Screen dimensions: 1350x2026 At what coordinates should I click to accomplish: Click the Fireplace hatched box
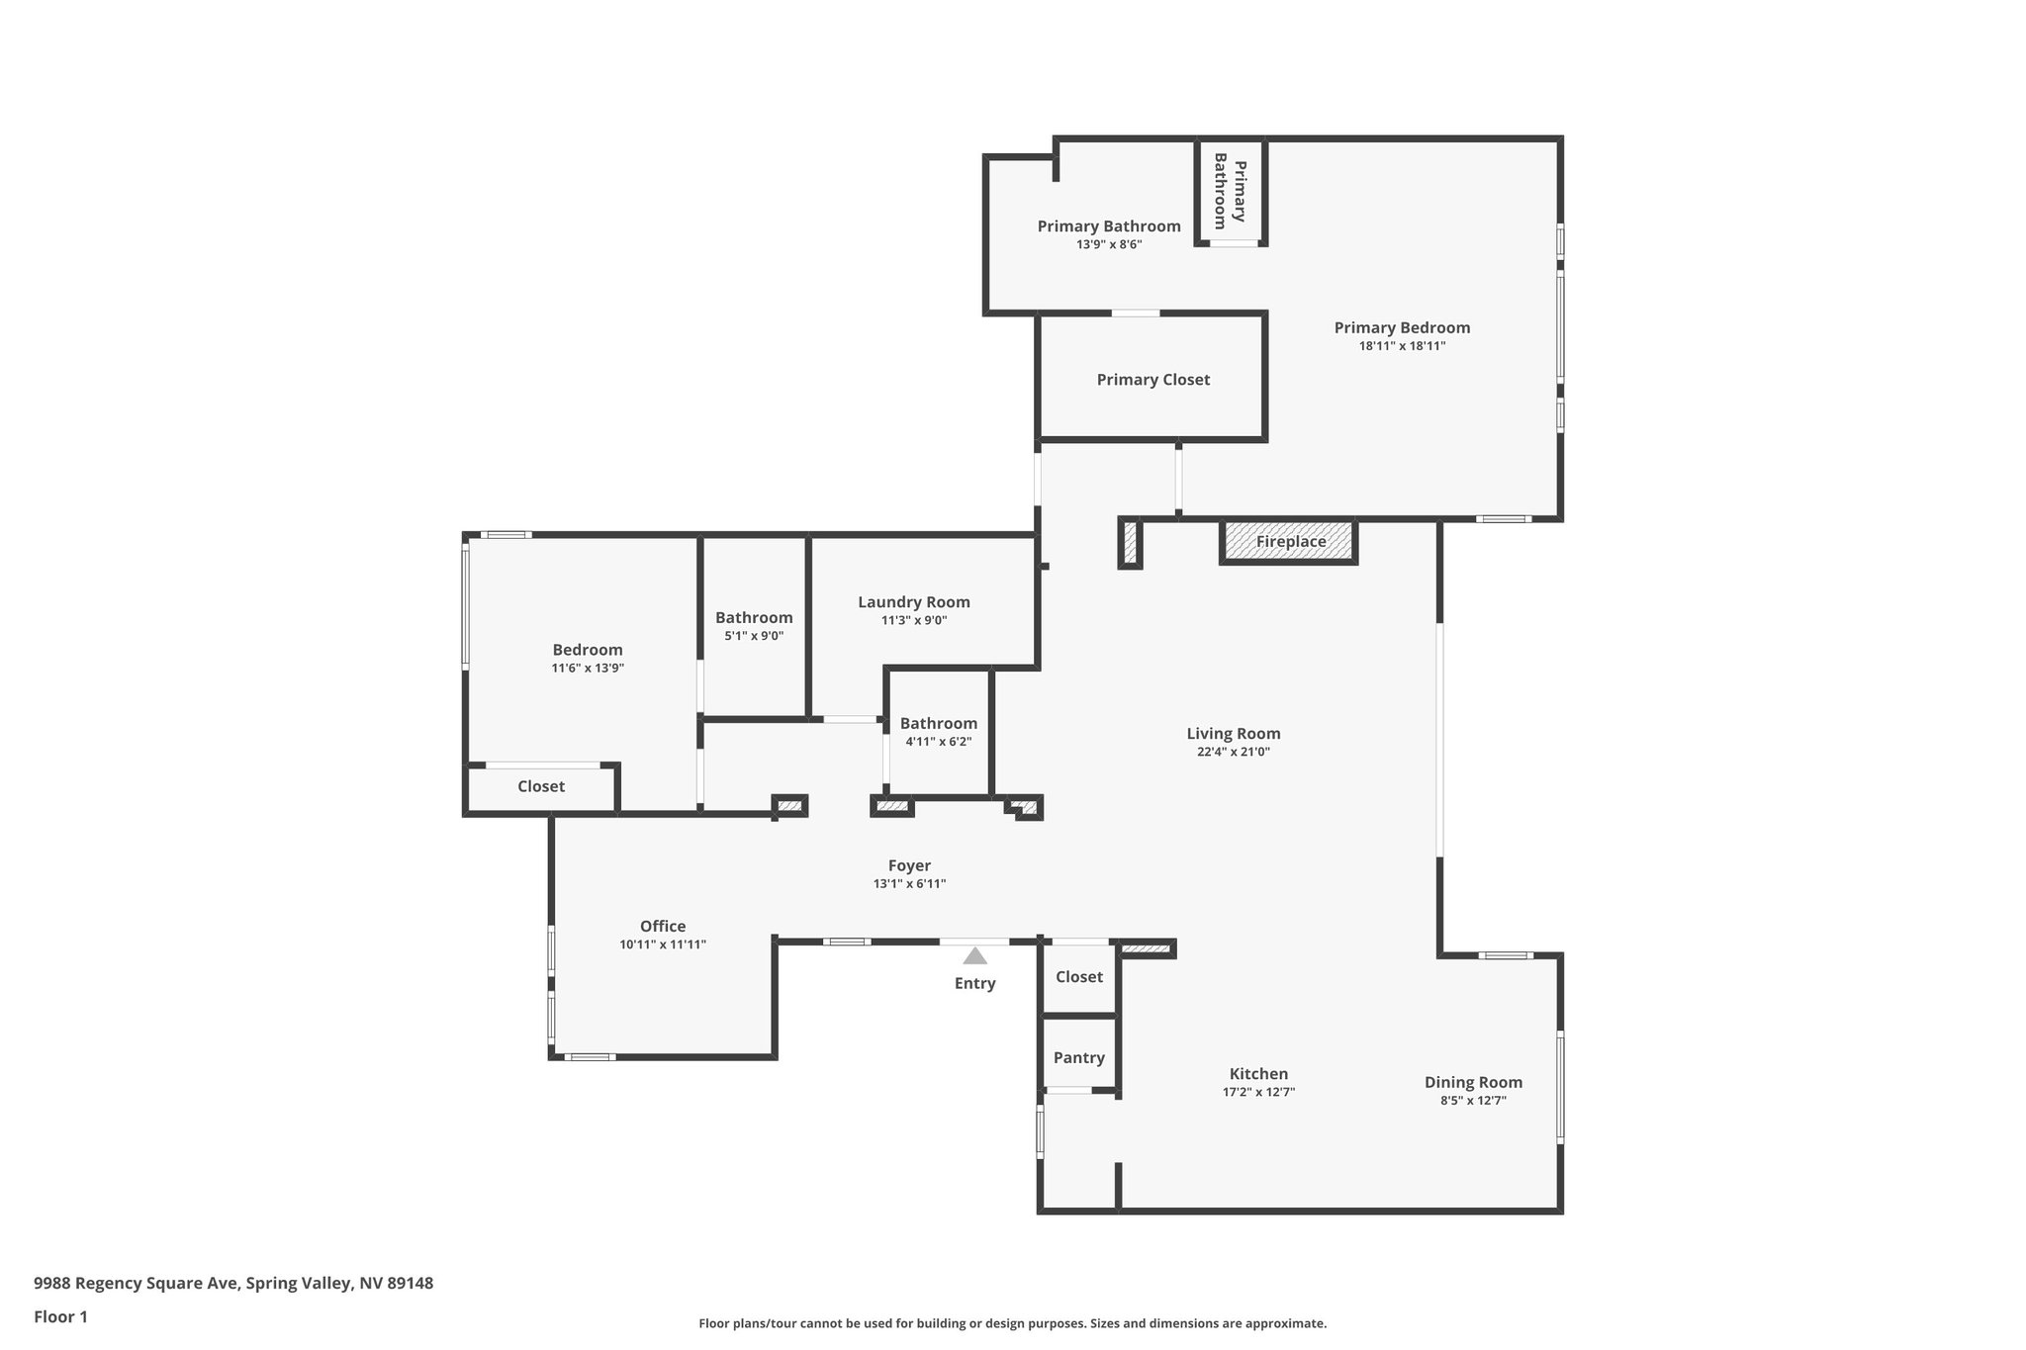1289,542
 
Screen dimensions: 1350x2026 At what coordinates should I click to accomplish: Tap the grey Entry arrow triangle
974,956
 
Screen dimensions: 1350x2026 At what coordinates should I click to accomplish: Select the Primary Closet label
1152,380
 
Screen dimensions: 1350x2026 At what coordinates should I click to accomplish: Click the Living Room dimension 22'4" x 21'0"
1233,752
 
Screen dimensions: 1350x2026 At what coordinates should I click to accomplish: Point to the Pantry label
1078,1057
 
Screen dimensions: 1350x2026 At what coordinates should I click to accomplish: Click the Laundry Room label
913,601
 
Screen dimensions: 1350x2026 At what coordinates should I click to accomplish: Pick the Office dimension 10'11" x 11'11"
662,945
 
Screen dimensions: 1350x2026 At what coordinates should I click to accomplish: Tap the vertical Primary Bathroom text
1230,191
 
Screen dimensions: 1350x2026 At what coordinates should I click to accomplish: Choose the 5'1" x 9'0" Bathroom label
754,617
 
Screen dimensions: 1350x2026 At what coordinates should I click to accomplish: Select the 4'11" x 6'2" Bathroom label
938,723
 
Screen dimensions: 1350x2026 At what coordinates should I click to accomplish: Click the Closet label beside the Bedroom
541,786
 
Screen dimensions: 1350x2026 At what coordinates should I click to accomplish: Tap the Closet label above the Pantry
1078,977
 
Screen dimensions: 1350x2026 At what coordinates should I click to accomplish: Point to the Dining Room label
1473,1082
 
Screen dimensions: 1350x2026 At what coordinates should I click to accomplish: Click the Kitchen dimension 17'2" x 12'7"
1258,1092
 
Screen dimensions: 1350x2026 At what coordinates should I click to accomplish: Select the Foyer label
908,865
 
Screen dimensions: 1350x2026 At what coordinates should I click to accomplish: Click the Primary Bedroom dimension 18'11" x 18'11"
1402,346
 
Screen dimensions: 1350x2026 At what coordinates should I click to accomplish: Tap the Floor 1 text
60,1316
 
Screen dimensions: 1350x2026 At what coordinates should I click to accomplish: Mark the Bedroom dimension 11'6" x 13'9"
588,668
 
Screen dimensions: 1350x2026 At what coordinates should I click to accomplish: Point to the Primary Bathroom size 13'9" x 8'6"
1109,244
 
